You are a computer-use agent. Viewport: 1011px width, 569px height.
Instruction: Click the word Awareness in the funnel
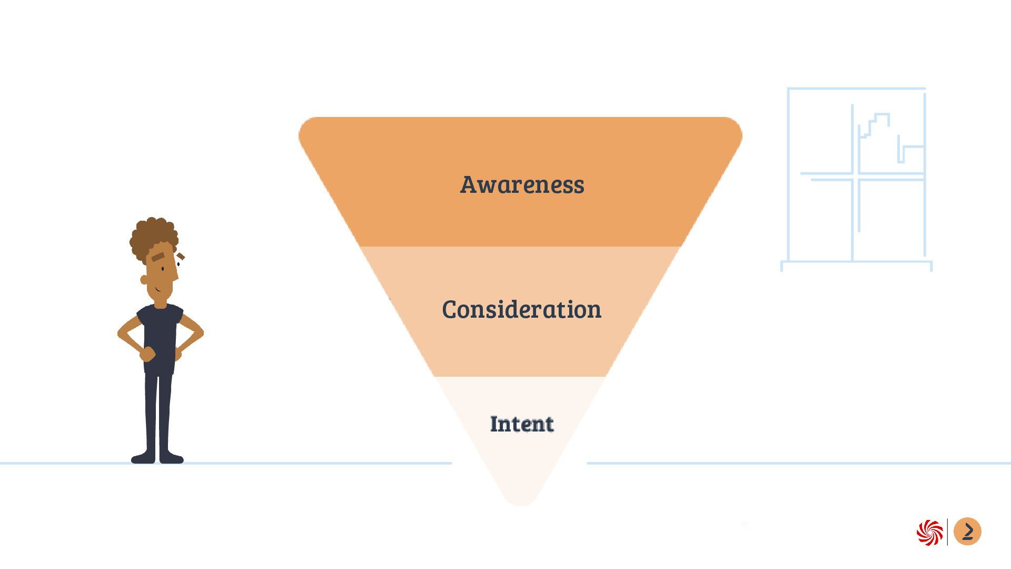pyautogui.click(x=522, y=184)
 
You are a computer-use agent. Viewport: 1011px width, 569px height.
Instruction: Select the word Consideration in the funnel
pyautogui.click(x=521, y=309)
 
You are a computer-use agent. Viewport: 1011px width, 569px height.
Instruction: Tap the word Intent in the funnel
pyautogui.click(x=521, y=424)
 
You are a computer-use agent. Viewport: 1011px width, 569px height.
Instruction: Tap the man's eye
pyautogui.click(x=163, y=269)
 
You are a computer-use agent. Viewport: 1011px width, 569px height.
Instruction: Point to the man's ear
pyautogui.click(x=144, y=280)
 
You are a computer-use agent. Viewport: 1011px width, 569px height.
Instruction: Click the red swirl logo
pyautogui.click(x=929, y=533)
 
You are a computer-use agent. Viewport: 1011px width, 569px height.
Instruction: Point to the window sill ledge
pyautogui.click(x=856, y=262)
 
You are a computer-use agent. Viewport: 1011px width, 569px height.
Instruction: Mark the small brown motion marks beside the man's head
pyautogui.click(x=181, y=257)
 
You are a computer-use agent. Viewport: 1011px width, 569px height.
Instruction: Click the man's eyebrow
pyautogui.click(x=158, y=257)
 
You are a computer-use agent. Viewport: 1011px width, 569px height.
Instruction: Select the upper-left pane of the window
pyautogui.click(x=820, y=132)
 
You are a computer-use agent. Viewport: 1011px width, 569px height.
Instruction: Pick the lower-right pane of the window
pyautogui.click(x=891, y=219)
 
